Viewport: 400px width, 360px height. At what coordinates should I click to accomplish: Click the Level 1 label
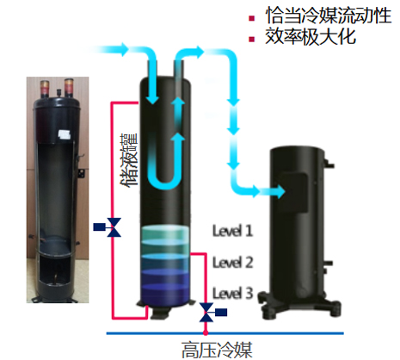[232, 231]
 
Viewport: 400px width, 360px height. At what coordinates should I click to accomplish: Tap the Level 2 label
[232, 263]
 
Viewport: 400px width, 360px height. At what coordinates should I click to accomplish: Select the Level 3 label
[232, 294]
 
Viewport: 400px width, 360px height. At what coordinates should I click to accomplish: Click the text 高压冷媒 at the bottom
[217, 350]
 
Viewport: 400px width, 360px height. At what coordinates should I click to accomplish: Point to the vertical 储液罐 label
[129, 160]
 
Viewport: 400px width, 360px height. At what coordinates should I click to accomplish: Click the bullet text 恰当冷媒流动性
[329, 16]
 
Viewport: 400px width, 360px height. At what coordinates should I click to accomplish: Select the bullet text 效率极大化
[311, 37]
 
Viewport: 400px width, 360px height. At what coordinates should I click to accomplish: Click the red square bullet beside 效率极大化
[252, 39]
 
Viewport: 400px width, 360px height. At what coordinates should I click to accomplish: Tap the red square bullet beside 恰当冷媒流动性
[252, 18]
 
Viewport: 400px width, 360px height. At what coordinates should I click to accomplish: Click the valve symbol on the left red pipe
[114, 227]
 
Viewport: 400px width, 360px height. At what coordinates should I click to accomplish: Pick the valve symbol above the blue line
[207, 313]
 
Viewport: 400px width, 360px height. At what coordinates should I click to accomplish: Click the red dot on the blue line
[206, 333]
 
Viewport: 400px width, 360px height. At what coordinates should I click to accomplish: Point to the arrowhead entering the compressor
[279, 191]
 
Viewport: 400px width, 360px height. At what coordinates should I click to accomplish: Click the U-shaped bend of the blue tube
[164, 183]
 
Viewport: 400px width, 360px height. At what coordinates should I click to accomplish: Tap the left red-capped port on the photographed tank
[45, 88]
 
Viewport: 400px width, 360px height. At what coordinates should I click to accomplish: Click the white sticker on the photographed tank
[64, 134]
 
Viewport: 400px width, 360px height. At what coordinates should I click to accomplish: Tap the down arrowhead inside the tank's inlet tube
[152, 99]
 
